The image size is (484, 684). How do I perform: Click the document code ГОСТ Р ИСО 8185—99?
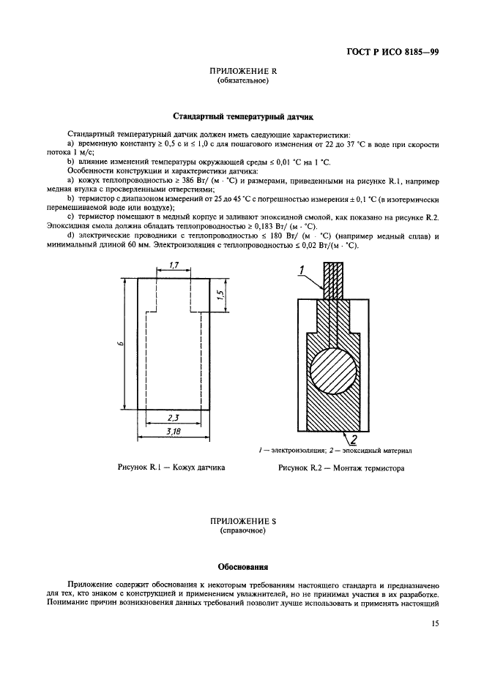pyautogui.click(x=392, y=53)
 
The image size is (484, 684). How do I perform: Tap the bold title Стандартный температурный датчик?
pyautogui.click(x=242, y=116)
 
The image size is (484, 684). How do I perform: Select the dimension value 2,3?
pyautogui.click(x=173, y=417)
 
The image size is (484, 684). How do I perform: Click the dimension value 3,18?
pyautogui.click(x=174, y=432)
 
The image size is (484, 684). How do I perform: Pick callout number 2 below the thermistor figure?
pyautogui.click(x=352, y=439)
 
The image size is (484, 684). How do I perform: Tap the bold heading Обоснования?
pyautogui.click(x=242, y=566)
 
